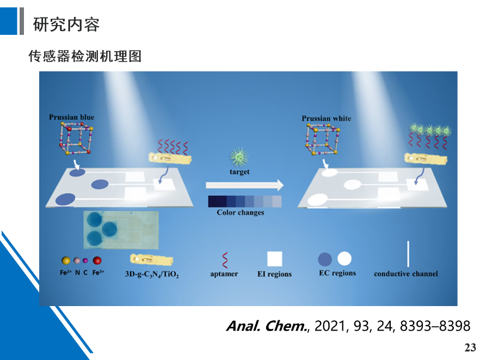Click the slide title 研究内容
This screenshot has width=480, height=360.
(x=66, y=25)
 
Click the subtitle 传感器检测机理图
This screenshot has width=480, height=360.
(x=85, y=57)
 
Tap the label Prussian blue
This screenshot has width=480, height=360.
(x=72, y=117)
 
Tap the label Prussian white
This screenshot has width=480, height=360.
(x=327, y=118)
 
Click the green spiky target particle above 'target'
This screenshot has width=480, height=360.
(x=239, y=157)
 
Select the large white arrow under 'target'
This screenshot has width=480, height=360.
(x=244, y=185)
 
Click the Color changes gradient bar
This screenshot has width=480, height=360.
(x=244, y=202)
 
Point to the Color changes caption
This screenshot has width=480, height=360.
(x=241, y=212)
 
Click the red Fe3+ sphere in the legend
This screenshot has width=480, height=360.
(x=97, y=260)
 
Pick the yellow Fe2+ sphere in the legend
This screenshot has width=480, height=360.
(x=66, y=260)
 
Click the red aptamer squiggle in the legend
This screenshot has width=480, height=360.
(x=225, y=260)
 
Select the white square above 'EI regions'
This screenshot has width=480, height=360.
(x=275, y=259)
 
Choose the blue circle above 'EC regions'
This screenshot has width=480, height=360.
(x=325, y=259)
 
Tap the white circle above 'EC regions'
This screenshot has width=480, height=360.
(x=344, y=259)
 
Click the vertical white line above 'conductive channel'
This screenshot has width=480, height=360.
(x=408, y=254)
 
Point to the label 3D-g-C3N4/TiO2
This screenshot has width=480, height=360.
(x=151, y=274)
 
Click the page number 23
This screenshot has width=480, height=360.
(x=470, y=347)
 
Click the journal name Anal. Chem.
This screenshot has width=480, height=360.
(x=267, y=326)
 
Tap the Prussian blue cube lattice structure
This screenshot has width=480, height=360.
(x=76, y=138)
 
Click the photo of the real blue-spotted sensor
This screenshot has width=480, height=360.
(x=121, y=230)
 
